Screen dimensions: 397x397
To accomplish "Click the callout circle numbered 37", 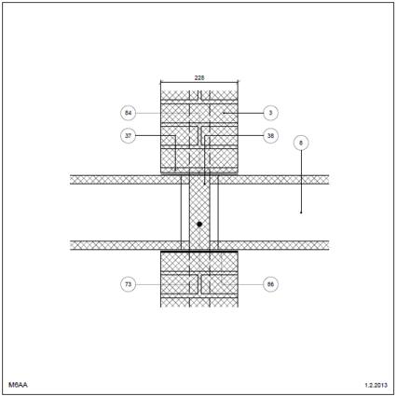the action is coord(128,136).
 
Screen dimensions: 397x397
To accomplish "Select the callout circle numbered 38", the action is coord(270,136).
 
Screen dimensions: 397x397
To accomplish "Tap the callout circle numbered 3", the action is coord(270,113).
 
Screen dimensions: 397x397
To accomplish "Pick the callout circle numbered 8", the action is coord(301,143).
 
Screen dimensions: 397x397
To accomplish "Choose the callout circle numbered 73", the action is coord(128,284).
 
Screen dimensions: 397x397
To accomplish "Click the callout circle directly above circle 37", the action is coord(128,113).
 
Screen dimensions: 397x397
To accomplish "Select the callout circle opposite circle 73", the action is coord(270,284).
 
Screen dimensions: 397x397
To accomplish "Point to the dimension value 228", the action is coord(199,77).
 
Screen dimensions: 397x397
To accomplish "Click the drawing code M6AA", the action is coord(18,385).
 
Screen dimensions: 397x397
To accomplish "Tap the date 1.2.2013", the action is coord(376,385).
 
